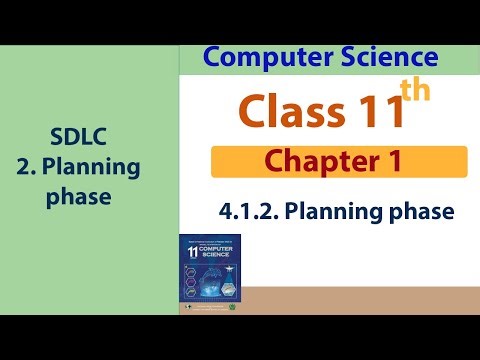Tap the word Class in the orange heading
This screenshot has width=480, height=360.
pos(291,109)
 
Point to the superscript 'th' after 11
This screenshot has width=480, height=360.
pos(414,91)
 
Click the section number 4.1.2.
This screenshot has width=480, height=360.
pos(246,212)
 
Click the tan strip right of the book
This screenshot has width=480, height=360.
pos(360,299)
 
